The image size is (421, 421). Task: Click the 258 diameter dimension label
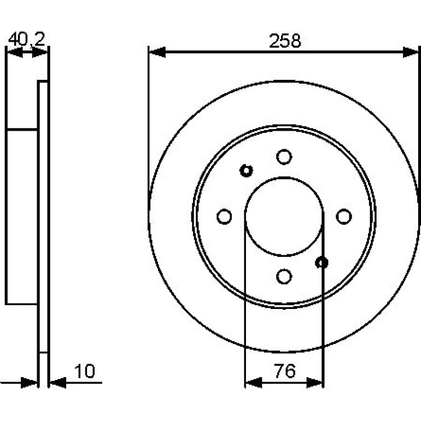pyautogui.click(x=285, y=41)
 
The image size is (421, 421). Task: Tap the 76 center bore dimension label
pyautogui.click(x=285, y=371)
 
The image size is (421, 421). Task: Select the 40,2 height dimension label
pyautogui.click(x=27, y=39)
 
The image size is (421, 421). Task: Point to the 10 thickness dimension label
pyautogui.click(x=85, y=371)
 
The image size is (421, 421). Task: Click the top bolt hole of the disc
pyautogui.click(x=284, y=157)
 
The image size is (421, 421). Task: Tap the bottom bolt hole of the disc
pyautogui.click(x=284, y=276)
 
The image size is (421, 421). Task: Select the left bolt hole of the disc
pyautogui.click(x=224, y=217)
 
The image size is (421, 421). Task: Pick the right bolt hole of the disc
pyautogui.click(x=344, y=217)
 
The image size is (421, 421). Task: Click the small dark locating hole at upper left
pyautogui.click(x=246, y=171)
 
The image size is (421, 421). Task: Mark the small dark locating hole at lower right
pyautogui.click(x=321, y=262)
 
